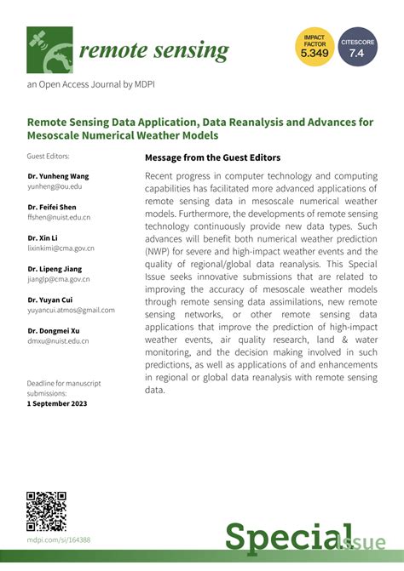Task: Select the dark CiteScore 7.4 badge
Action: pos(359,48)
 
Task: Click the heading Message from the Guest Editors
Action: pos(212,157)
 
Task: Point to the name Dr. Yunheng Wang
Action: pos(56,174)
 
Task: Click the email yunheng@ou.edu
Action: pos(55,185)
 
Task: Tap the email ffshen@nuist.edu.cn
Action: pos(59,217)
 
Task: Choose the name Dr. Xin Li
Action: pos(43,237)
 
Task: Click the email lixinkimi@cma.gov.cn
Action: pos(61,248)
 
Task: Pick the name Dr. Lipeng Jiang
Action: pos(55,269)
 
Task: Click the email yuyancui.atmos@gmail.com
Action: pos(71,310)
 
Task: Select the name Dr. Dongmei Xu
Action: pos(55,331)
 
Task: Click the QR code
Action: pos(46,511)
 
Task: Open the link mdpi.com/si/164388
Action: pos(59,540)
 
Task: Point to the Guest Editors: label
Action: pos(48,157)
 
